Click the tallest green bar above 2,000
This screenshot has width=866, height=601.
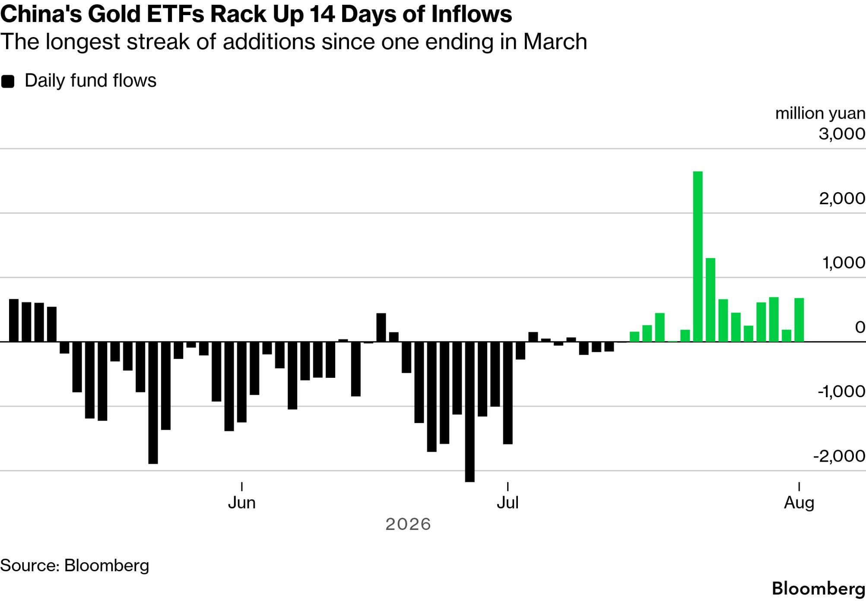[x=698, y=256]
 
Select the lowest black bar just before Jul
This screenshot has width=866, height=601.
[x=469, y=411]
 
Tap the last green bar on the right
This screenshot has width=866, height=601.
[x=799, y=320]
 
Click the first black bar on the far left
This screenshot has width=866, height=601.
[x=14, y=320]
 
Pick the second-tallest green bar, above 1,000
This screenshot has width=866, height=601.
[x=711, y=300]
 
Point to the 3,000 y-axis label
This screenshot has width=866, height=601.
[x=842, y=134]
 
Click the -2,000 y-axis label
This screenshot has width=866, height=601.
[x=839, y=456]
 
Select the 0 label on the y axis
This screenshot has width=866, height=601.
[x=860, y=327]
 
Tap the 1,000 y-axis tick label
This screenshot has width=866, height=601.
[x=844, y=263]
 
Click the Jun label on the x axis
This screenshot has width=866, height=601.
[x=242, y=503]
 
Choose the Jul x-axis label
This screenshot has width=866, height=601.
[x=508, y=503]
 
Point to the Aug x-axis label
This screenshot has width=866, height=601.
[x=799, y=503]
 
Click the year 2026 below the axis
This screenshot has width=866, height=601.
[x=408, y=524]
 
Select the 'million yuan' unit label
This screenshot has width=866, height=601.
[x=820, y=114]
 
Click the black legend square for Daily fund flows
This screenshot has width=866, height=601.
[x=8, y=81]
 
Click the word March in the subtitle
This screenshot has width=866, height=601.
[x=555, y=42]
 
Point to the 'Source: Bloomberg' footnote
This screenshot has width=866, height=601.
[x=75, y=566]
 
